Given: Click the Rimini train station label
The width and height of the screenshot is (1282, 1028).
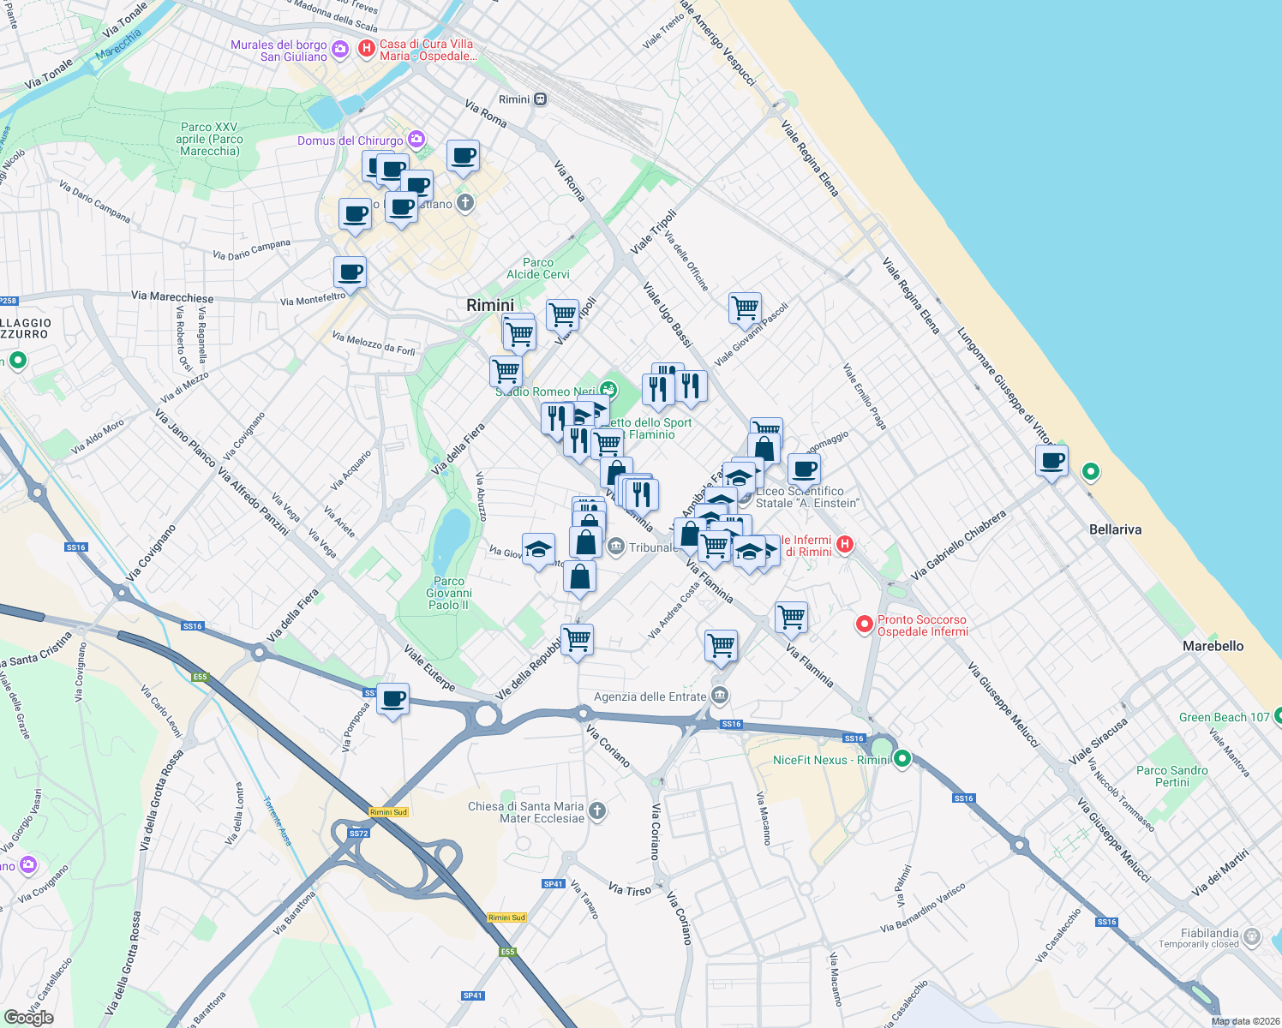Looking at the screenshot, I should [x=514, y=99].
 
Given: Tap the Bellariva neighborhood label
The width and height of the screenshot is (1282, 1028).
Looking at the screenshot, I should [x=1115, y=529].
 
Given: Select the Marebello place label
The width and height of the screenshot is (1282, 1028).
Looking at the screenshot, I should [x=1213, y=646].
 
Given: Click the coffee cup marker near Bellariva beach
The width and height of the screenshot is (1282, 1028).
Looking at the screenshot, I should [x=1051, y=462].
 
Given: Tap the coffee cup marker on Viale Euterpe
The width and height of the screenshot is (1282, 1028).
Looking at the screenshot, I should [x=393, y=700].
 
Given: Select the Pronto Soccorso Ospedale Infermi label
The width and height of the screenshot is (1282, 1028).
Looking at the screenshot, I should [x=922, y=625].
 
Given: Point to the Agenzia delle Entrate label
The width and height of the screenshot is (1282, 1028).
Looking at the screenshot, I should [x=650, y=696].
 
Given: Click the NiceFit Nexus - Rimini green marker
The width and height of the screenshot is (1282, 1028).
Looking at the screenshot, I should [x=902, y=758].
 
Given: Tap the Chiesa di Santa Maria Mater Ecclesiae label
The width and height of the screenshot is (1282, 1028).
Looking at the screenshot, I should [x=526, y=812].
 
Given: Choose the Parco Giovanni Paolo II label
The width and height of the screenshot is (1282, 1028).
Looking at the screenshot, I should [x=448, y=593].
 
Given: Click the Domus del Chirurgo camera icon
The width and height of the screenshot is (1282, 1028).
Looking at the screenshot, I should [x=416, y=139].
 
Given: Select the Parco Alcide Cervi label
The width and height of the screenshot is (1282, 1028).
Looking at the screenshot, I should [x=538, y=268].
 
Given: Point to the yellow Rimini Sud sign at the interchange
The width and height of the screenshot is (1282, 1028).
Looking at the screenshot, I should [x=389, y=811].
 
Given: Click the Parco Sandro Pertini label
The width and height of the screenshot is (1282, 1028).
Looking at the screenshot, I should [x=1171, y=776].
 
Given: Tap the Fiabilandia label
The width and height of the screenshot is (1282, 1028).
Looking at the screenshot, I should [x=1209, y=933].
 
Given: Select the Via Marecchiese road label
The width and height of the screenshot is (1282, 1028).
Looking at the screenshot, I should [x=172, y=296].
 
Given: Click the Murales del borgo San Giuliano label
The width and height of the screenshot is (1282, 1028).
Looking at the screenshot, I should [x=279, y=51].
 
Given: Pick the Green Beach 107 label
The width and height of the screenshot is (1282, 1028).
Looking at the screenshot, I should [x=1224, y=717].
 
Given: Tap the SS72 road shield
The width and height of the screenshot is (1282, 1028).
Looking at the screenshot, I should [x=358, y=833].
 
